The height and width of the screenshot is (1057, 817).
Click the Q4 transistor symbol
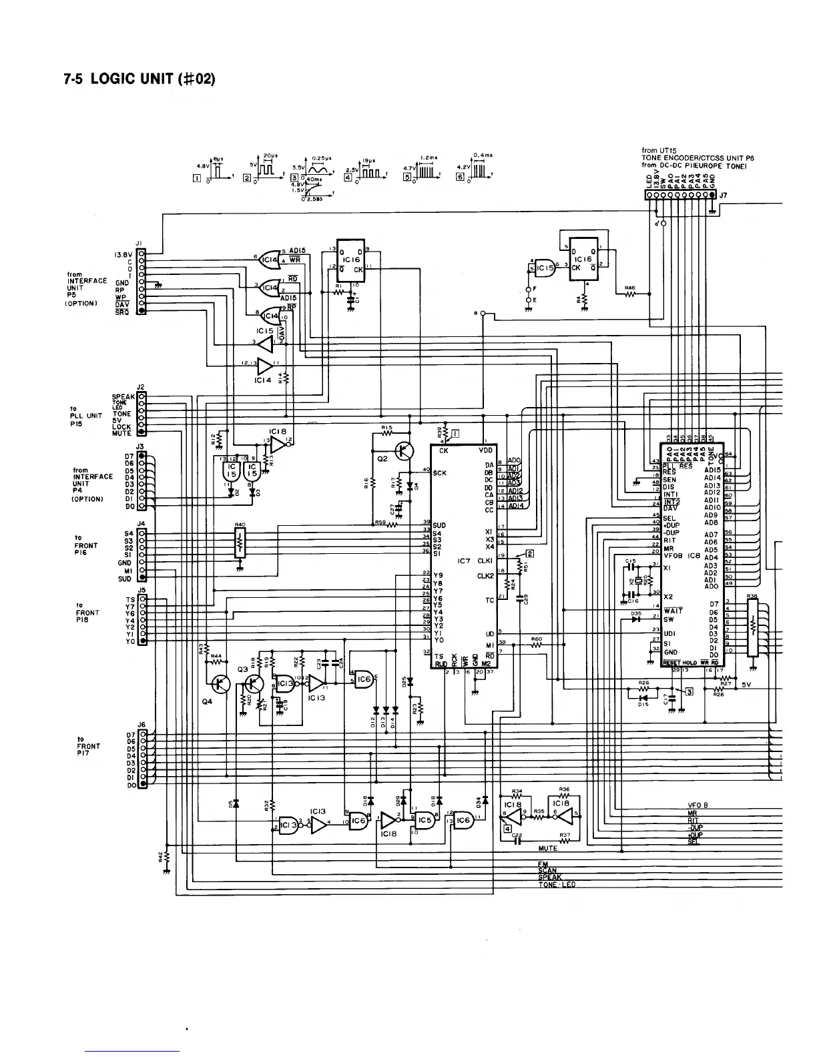(220, 684)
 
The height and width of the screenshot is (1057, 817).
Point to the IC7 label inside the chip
(465, 561)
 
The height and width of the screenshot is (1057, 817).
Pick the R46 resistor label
(629, 288)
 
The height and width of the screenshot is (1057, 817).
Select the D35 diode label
(636, 612)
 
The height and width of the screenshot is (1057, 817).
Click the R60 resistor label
(536, 639)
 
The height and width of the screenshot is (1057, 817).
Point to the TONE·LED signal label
(557, 885)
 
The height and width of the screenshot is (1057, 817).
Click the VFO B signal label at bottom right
(698, 805)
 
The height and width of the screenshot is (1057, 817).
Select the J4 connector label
(141, 523)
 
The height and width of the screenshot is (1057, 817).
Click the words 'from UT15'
(659, 150)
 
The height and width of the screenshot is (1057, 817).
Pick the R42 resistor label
(161, 856)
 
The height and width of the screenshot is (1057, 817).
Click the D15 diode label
(643, 705)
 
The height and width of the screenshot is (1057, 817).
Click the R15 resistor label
(386, 427)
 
